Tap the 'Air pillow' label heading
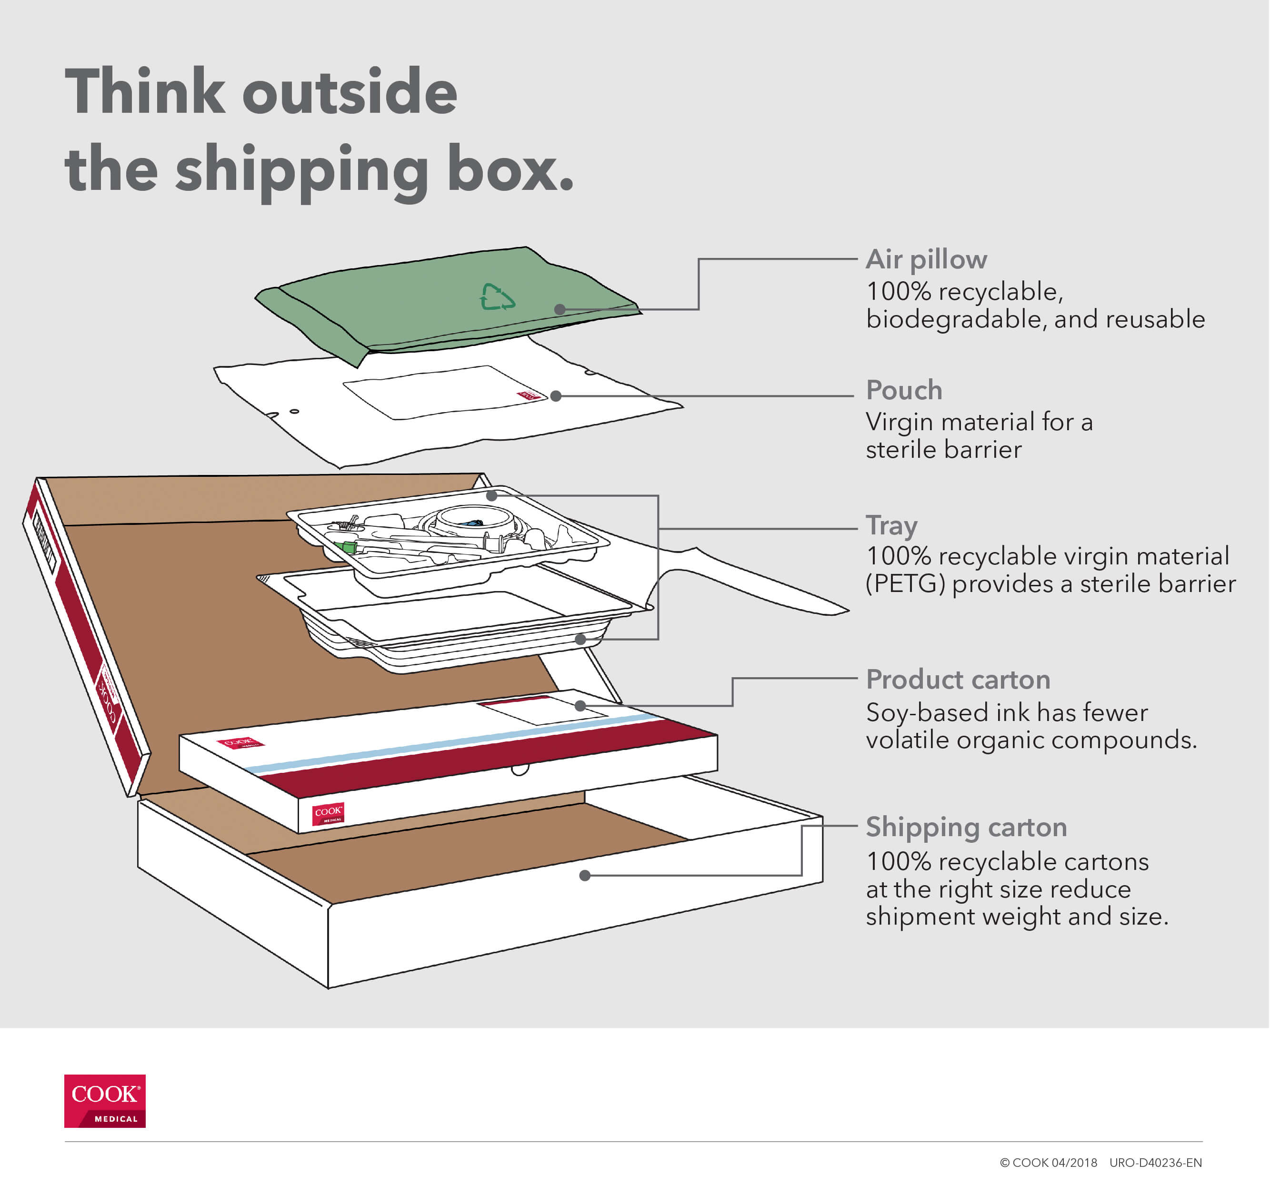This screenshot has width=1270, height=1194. [926, 260]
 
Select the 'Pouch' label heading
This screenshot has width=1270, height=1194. [903, 390]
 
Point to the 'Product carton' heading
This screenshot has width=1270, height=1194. [958, 680]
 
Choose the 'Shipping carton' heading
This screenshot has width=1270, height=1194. [966, 828]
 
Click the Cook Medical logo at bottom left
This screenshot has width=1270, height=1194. [105, 1101]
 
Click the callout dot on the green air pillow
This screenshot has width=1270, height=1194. [560, 310]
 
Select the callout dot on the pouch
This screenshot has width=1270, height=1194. [556, 396]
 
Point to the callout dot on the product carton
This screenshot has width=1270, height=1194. [580, 706]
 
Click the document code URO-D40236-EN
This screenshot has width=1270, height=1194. [1155, 1163]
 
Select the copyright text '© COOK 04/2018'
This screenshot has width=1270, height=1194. [1048, 1163]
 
